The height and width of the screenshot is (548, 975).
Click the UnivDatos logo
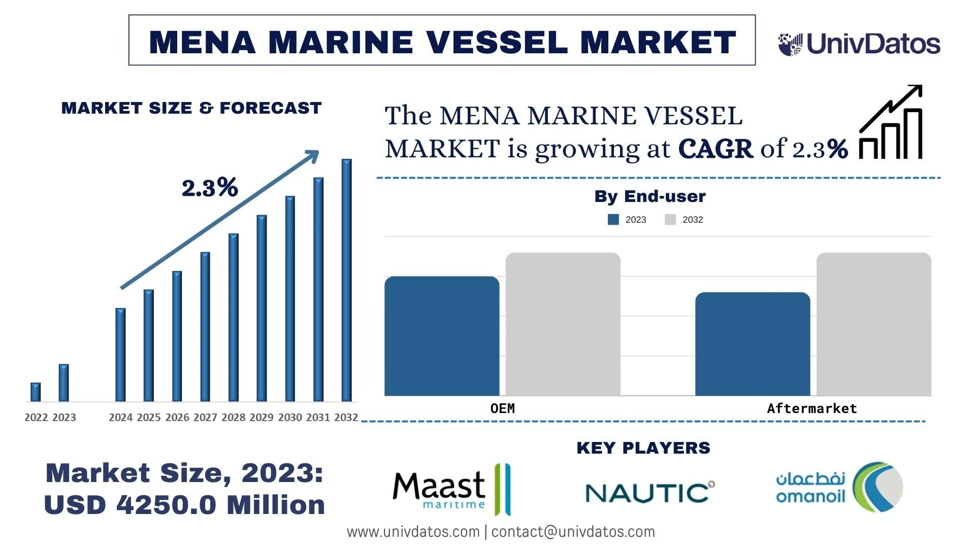click(x=859, y=44)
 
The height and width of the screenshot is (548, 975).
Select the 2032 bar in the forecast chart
click(x=346, y=280)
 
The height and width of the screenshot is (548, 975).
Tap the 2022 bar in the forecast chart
click(x=36, y=392)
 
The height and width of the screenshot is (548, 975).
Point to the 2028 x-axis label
click(x=233, y=418)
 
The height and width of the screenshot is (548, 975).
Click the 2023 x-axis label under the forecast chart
click(x=64, y=418)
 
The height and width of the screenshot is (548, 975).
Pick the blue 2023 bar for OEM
click(x=442, y=336)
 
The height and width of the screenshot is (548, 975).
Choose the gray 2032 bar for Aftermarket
click(x=873, y=324)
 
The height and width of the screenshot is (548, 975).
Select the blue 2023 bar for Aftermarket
click(x=753, y=344)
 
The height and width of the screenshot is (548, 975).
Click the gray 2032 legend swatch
click(x=670, y=220)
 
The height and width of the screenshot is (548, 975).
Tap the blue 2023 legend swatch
click(x=613, y=220)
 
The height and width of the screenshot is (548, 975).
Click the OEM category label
click(x=502, y=408)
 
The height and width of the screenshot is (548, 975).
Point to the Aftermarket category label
click(x=811, y=408)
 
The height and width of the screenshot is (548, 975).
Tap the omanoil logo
click(x=839, y=487)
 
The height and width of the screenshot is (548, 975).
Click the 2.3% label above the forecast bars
click(x=210, y=188)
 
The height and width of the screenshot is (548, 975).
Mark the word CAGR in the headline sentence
click(x=715, y=149)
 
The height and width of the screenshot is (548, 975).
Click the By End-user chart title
click(x=649, y=196)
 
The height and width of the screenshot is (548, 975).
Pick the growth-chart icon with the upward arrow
click(x=891, y=122)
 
